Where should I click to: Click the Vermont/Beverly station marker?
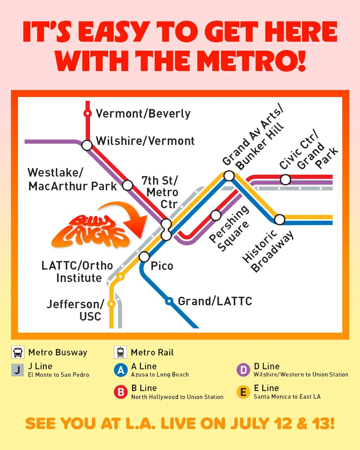[87, 114]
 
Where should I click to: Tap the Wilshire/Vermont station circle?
[87, 145]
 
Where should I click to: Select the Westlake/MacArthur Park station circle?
[128, 185]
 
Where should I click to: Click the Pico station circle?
[144, 257]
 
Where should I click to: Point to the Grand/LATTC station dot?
[170, 301]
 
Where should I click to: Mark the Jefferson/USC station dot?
[111, 304]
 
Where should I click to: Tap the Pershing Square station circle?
[216, 215]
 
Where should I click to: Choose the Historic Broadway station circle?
[279, 219]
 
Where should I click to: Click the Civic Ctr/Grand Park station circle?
[285, 180]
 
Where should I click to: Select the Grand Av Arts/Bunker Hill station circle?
[229, 176]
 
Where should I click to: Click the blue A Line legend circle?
[121, 370]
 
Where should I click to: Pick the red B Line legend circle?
[121, 392]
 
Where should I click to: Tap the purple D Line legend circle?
[243, 370]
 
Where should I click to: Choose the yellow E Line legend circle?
[243, 392]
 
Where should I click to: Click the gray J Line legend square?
[17, 370]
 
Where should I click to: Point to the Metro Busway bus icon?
[18, 352]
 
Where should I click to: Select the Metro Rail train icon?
[120, 352]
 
